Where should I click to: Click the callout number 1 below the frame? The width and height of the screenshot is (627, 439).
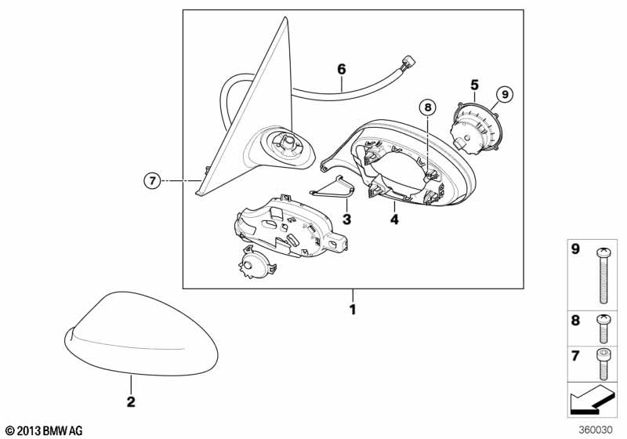click(353, 310)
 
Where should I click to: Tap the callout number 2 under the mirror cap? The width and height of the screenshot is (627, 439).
click(131, 401)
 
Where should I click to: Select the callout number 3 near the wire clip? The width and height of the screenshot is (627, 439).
click(346, 218)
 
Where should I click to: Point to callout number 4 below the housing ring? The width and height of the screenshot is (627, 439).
click(394, 220)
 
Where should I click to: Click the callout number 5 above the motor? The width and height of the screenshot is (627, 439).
click(474, 83)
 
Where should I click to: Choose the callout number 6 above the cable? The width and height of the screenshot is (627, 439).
click(342, 69)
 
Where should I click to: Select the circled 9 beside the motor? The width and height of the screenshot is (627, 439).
click(504, 94)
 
